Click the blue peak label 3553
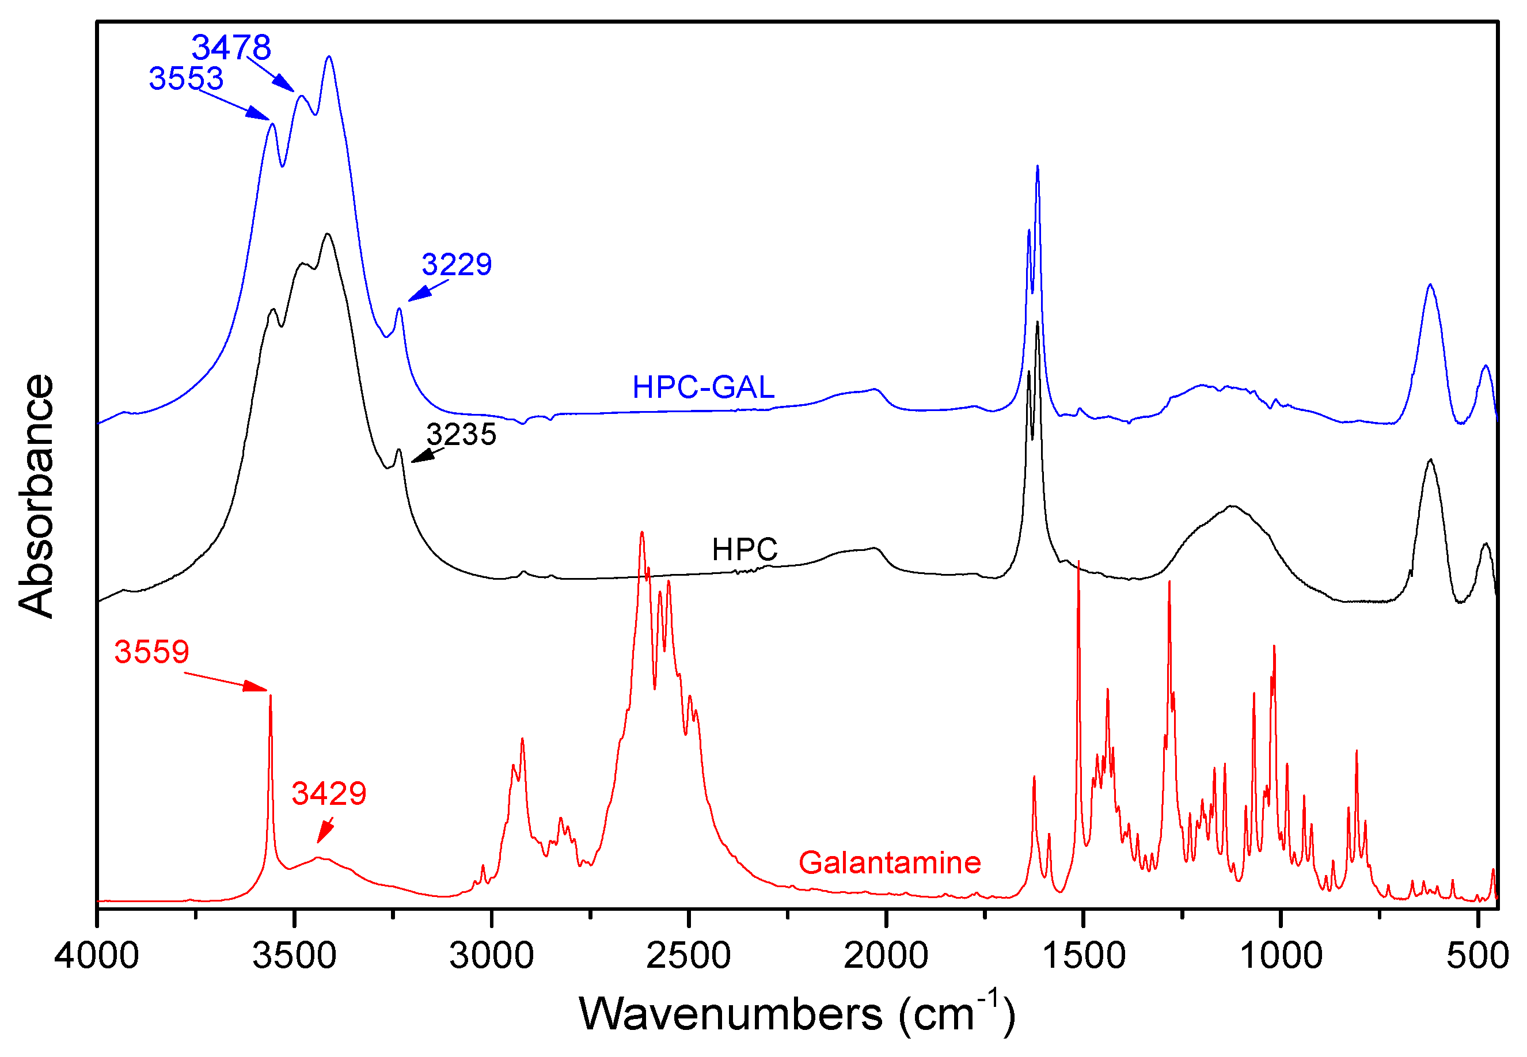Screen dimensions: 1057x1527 (x=186, y=79)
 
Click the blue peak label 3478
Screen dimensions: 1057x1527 (x=231, y=48)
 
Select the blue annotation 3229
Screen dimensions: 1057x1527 (x=457, y=265)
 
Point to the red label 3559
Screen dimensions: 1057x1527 (x=151, y=652)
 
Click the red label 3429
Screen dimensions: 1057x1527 (x=329, y=794)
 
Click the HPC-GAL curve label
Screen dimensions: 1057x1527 (x=703, y=387)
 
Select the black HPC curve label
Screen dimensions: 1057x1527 (x=744, y=550)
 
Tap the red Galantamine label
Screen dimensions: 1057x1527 (x=890, y=863)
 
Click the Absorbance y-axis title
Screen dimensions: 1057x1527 (x=36, y=496)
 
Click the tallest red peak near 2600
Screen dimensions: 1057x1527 (x=641, y=533)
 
